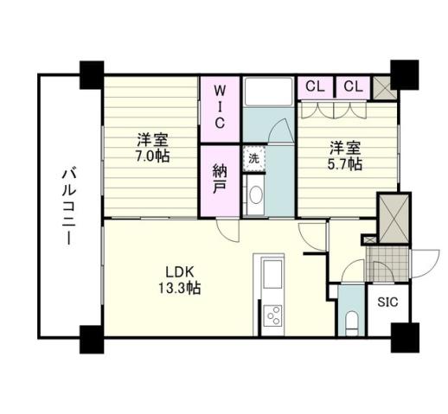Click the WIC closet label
[221, 106]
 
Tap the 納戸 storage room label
[220, 179]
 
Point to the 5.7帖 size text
[343, 163]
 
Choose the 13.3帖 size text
[180, 289]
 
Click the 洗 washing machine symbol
[253, 158]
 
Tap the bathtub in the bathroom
[269, 90]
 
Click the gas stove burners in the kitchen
[270, 315]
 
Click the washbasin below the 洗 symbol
[253, 196]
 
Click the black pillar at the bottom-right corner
[403, 337]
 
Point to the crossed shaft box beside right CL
[381, 86]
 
